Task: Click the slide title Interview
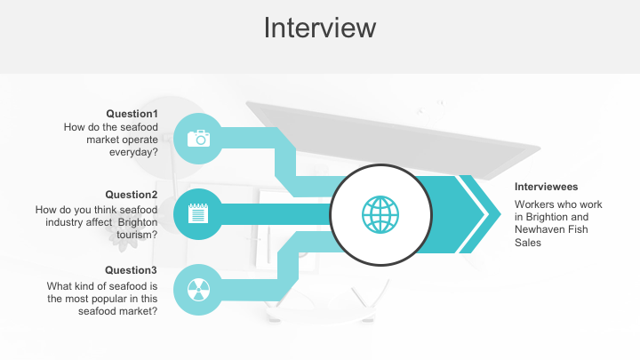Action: point(320,28)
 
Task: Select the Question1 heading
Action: point(132,114)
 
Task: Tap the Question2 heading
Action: point(132,195)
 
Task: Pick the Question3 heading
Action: point(132,270)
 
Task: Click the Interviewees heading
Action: point(547,187)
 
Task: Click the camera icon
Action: point(197,138)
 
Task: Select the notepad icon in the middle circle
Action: point(197,213)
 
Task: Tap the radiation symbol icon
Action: point(197,289)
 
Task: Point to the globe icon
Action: point(380,213)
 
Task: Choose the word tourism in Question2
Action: point(137,235)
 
